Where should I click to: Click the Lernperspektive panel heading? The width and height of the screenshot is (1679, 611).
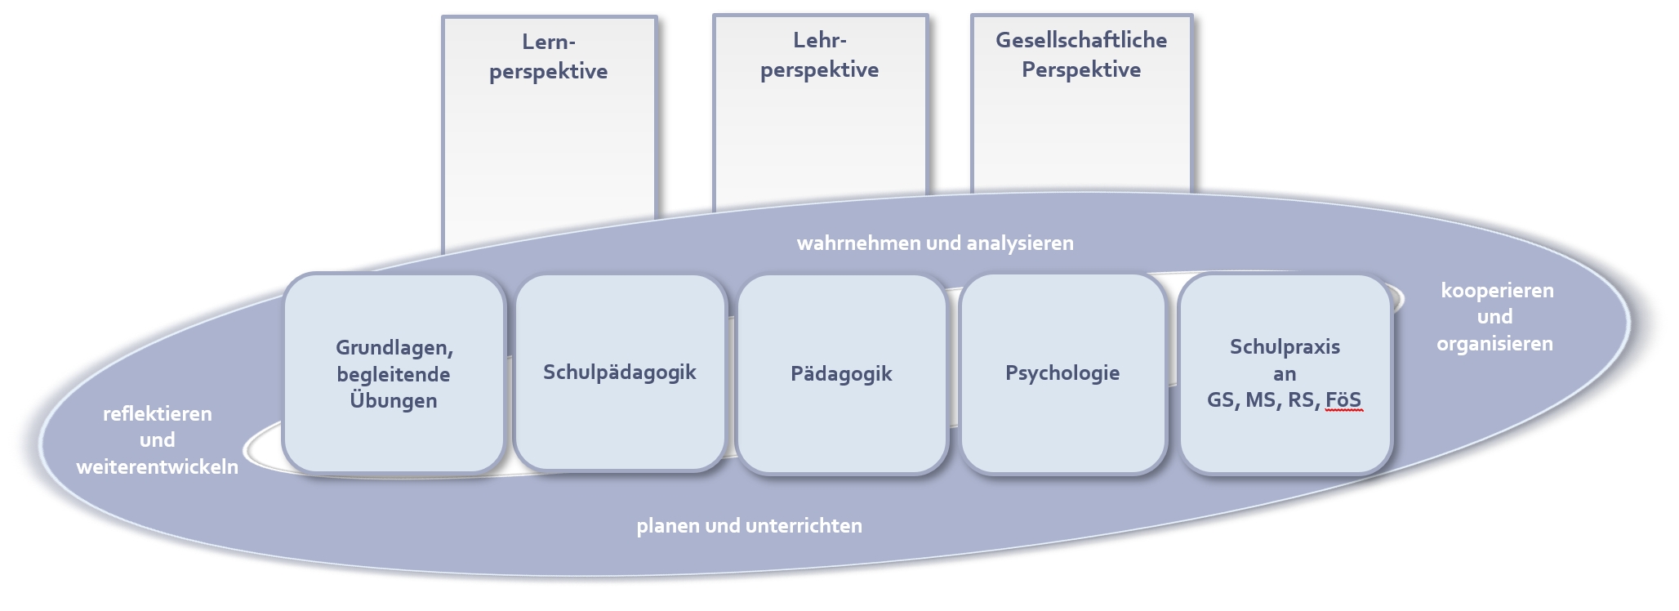[549, 56]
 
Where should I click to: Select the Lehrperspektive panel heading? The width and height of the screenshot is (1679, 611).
[819, 55]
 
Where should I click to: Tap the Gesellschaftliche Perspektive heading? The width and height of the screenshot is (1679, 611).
[1081, 55]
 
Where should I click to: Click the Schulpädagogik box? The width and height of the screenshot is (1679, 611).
[620, 372]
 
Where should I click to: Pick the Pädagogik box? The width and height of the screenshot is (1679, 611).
[841, 374]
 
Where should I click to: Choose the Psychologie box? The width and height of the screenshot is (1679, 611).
[1062, 373]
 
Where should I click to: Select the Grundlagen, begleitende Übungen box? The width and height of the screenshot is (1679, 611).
[394, 374]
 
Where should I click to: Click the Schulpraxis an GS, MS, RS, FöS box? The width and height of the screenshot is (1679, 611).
[1285, 373]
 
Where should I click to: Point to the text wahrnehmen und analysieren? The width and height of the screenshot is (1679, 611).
[935, 243]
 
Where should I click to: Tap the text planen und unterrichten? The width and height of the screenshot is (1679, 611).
[749, 526]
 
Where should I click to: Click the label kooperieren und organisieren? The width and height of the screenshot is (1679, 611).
[1496, 317]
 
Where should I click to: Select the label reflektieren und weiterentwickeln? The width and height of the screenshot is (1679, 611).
[158, 440]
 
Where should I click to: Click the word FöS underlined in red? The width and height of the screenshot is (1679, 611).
[1343, 400]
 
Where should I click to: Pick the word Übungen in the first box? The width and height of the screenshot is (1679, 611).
[394, 401]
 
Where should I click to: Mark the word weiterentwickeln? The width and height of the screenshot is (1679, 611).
[158, 467]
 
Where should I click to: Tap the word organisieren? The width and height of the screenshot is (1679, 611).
[1495, 344]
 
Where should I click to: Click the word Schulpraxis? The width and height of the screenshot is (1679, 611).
[1285, 347]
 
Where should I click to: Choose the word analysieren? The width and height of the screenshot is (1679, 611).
[1020, 243]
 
